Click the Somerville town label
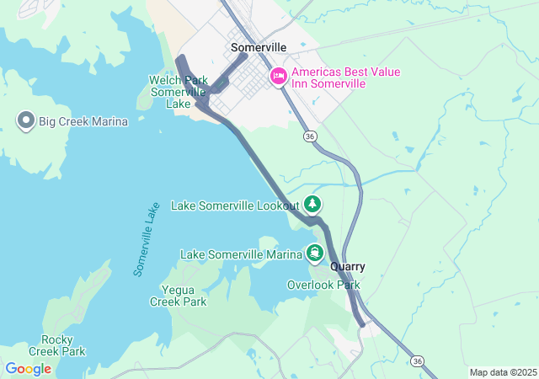(x=259, y=48)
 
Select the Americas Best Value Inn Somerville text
(x=346, y=77)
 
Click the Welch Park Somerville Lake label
(x=178, y=92)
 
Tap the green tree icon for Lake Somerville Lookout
(x=313, y=204)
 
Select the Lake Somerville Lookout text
(x=235, y=206)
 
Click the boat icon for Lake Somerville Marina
(x=315, y=253)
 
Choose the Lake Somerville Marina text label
(x=241, y=254)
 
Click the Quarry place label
(x=348, y=266)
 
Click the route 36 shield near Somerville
(x=311, y=136)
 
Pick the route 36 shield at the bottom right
(x=418, y=360)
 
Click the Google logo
(x=28, y=369)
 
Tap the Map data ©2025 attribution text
(x=503, y=372)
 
